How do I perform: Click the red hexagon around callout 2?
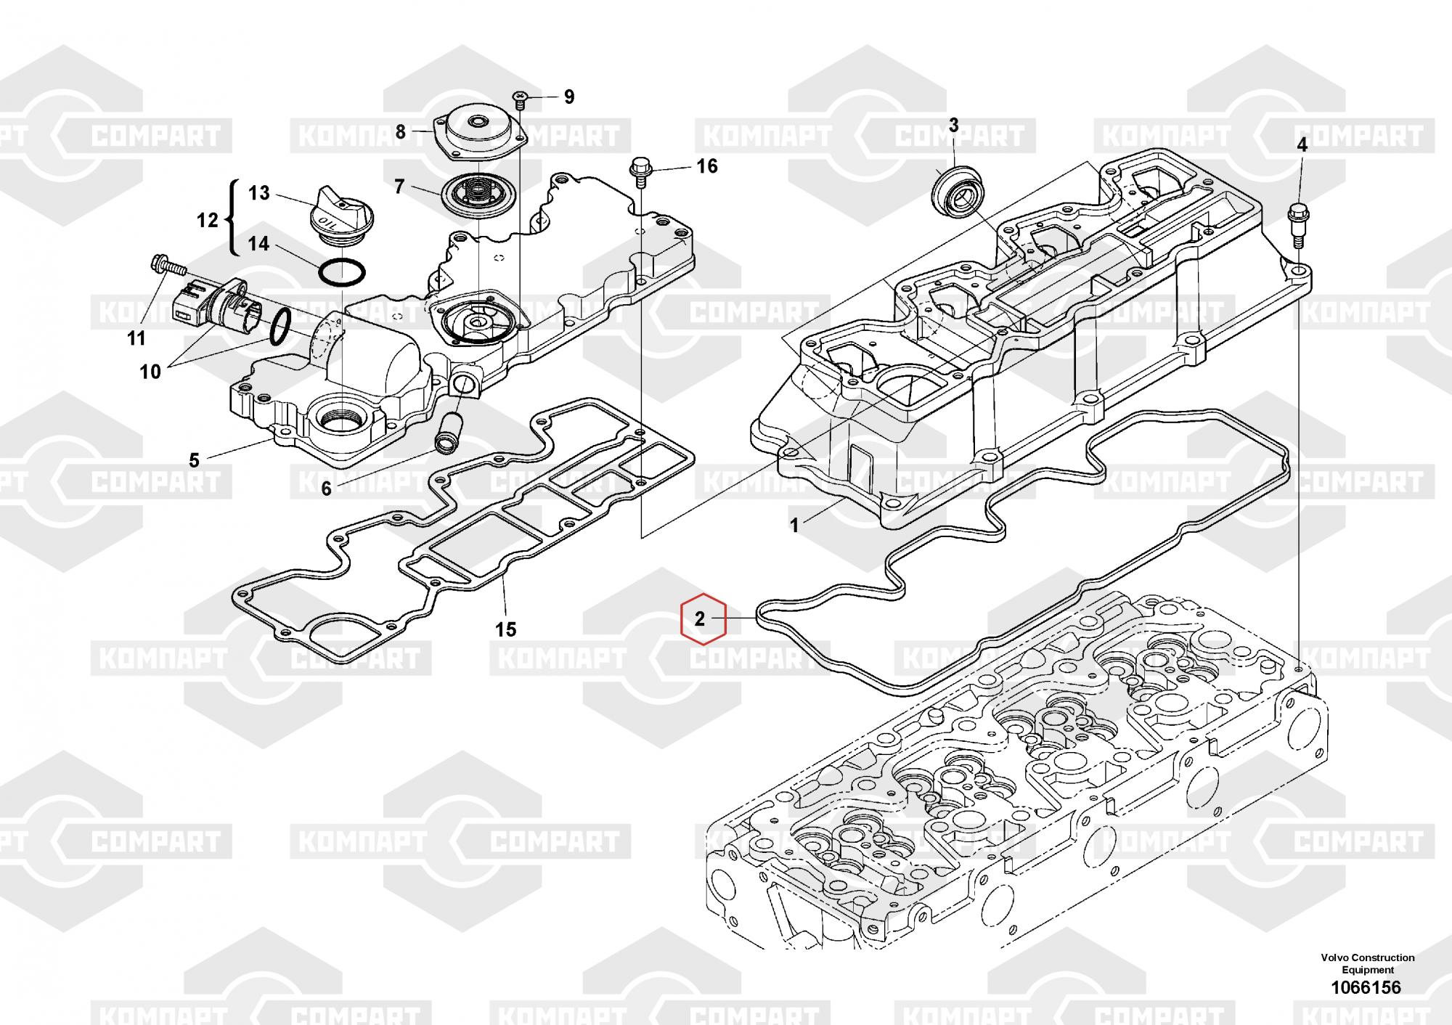click(x=702, y=619)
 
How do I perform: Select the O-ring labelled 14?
click(x=342, y=272)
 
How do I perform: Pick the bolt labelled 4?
click(x=1299, y=224)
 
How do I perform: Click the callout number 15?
click(x=506, y=629)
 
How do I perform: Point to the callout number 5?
click(x=194, y=460)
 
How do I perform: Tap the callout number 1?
click(x=794, y=525)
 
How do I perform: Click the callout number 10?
click(x=150, y=372)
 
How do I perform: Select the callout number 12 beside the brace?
click(x=208, y=220)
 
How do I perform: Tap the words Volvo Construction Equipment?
click(x=1367, y=963)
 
